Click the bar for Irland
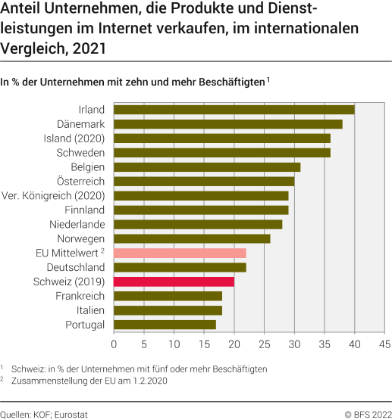234,110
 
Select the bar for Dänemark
228,124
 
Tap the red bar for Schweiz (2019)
174,282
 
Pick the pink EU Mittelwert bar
180,253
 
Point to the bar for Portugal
165,325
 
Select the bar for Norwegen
193,238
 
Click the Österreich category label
81,182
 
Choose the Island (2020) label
74,138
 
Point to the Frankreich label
80,296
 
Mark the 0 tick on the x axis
114,344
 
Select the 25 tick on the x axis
265,344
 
